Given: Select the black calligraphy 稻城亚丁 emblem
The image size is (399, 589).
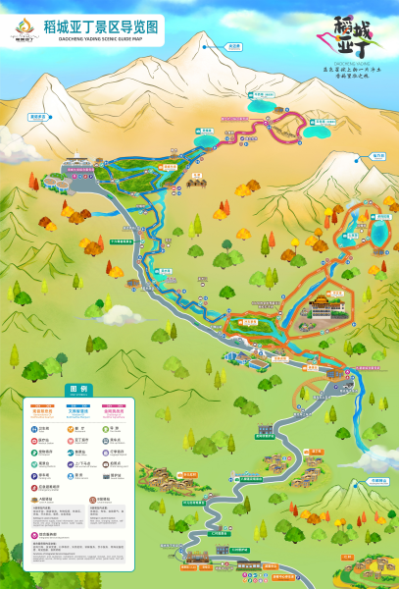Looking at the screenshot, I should pos(355,40).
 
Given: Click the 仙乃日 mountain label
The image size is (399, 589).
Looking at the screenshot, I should pos(39,116).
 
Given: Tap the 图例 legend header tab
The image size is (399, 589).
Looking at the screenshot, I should pos(77,389).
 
